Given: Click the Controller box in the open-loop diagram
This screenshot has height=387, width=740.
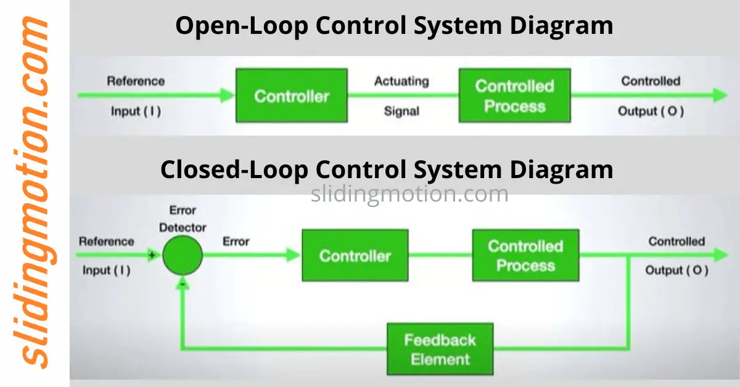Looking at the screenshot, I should [292, 96].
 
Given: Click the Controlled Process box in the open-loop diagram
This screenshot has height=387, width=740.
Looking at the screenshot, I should [514, 96].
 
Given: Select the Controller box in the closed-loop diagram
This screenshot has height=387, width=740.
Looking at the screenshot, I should [355, 255].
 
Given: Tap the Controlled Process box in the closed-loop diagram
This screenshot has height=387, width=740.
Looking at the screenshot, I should [525, 255].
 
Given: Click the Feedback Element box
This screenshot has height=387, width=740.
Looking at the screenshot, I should [440, 349].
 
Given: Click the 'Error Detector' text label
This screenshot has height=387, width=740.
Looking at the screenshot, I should [183, 219].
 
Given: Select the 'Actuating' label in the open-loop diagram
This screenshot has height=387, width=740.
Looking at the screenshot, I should [401, 81].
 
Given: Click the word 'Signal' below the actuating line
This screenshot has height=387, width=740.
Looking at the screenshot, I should [401, 112].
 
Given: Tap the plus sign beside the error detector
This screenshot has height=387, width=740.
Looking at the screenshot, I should [151, 253].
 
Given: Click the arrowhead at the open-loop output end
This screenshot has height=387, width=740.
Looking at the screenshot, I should [720, 96].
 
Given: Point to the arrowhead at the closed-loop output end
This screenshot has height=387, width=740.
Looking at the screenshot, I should [720, 255].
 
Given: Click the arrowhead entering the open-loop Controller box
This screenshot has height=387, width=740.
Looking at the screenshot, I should [226, 96].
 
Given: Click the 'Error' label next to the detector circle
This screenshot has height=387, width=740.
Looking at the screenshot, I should [236, 242].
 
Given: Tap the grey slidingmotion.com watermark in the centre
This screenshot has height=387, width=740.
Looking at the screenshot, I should [409, 194].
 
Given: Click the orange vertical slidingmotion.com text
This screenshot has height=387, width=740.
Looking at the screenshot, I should [35, 193].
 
